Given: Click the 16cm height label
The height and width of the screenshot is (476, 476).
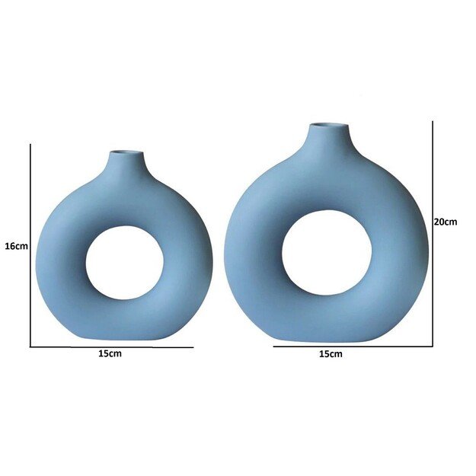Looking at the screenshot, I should pos(16,246).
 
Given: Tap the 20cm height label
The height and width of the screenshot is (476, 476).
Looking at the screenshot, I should pos(445,222).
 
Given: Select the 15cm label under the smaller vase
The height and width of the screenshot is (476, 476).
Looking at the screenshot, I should pos(110,354).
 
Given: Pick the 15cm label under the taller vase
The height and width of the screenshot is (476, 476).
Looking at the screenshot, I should pos(330,354).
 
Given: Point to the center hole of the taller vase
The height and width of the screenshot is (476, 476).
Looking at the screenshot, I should pos(327,252).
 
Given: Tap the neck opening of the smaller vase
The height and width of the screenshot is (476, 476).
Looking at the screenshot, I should pos(125,152).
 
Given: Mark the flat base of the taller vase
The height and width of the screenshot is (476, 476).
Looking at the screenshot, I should pos(327,340).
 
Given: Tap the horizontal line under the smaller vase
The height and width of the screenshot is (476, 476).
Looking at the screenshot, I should pos(110,347).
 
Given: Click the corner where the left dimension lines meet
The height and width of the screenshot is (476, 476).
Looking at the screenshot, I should pos(30,347).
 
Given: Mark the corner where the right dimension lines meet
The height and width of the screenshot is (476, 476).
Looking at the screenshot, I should pos(433,347).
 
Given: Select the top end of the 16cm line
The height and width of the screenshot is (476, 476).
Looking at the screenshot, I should pos(30,145).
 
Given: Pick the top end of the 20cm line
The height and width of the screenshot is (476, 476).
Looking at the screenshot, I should pos(433,121).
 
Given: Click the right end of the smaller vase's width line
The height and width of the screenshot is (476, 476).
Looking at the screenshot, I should pos(193,347).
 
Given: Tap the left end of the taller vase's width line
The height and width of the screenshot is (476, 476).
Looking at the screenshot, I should pos(274,347).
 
